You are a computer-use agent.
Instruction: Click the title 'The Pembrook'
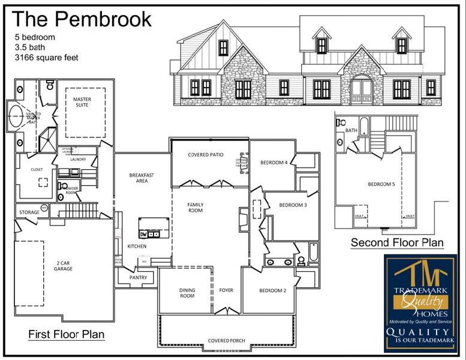pos(82,19)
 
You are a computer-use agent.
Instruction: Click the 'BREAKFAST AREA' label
pos(142,178)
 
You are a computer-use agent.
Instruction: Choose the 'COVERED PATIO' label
pos(206,155)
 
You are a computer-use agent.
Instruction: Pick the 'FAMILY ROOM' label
pos(195,208)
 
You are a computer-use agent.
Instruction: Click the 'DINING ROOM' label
pos(187,293)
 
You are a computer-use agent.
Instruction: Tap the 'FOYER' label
pos(226,290)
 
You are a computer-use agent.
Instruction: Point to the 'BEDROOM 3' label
pos(293,205)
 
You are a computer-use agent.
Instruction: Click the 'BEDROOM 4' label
pos(273,163)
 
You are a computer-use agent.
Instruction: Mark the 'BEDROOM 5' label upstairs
pos(381,184)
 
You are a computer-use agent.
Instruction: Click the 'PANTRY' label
pos(138,278)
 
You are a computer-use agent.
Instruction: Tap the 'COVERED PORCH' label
pos(226,341)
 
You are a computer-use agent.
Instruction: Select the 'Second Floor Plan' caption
pos(397,242)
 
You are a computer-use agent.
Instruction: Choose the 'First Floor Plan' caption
pos(67,334)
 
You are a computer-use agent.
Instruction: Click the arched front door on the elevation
pos(362,89)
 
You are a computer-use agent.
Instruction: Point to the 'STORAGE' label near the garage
pos(29,212)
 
